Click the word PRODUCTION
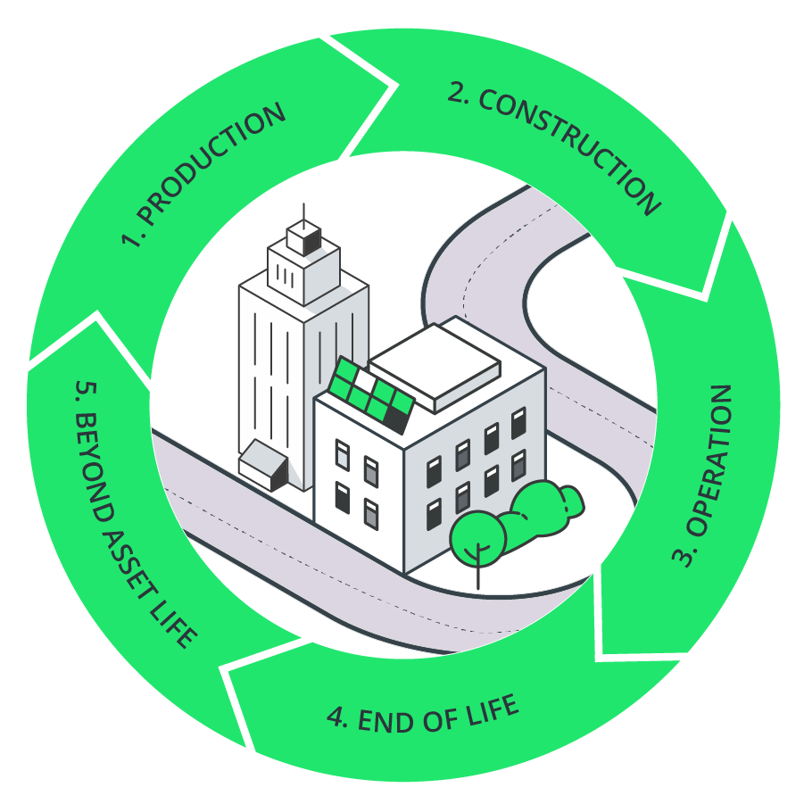pos(212,162)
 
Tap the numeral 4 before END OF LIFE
pos(336,717)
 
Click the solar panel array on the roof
pos(371,394)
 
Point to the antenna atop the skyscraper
pos(303,215)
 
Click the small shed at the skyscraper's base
pos(263,465)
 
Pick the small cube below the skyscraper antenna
pos(304,238)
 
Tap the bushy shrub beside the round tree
pos(543,509)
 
